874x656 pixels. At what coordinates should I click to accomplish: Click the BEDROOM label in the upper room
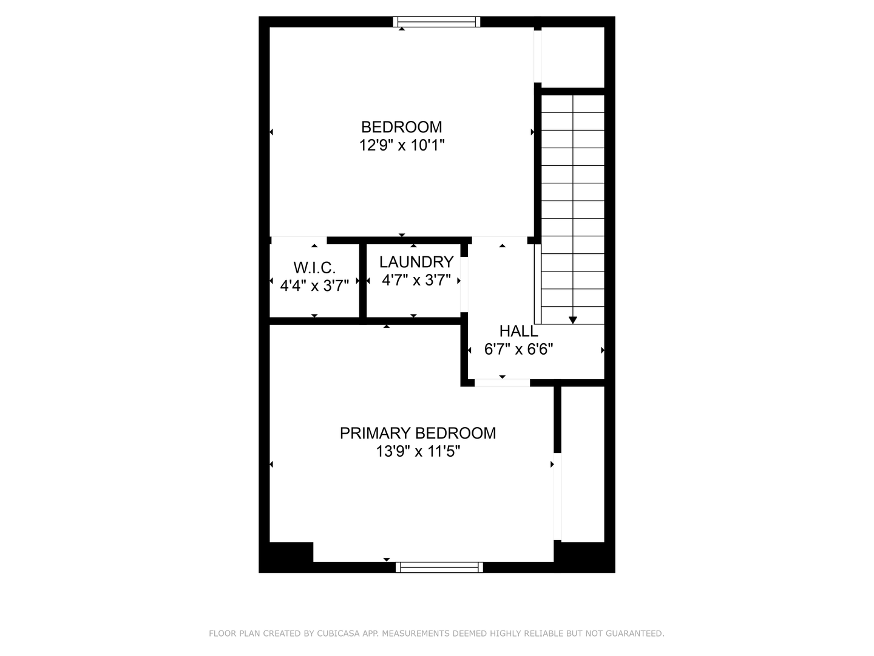(x=401, y=127)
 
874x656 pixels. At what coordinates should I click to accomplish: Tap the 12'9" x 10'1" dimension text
(x=401, y=146)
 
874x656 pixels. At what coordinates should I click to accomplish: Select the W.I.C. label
(x=314, y=267)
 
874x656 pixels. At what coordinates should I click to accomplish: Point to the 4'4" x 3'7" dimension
(x=314, y=285)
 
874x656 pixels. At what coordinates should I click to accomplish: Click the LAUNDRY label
(x=416, y=262)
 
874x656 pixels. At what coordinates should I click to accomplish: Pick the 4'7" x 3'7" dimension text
(x=416, y=280)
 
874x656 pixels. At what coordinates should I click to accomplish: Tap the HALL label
(x=518, y=331)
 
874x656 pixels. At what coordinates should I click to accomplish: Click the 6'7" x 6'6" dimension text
(x=518, y=349)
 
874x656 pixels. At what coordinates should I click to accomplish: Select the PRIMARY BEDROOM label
(x=418, y=433)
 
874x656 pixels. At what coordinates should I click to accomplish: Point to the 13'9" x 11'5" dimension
(x=418, y=452)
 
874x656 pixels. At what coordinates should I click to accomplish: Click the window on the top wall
(x=436, y=22)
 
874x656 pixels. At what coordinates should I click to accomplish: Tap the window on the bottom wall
(x=439, y=567)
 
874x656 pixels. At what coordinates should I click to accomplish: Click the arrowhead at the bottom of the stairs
(x=572, y=320)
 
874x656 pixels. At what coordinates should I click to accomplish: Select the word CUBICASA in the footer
(x=337, y=634)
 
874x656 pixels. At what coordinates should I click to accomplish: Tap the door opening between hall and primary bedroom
(x=502, y=383)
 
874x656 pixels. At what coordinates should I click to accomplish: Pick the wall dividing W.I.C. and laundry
(x=363, y=281)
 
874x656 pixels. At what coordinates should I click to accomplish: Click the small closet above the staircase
(x=572, y=57)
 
